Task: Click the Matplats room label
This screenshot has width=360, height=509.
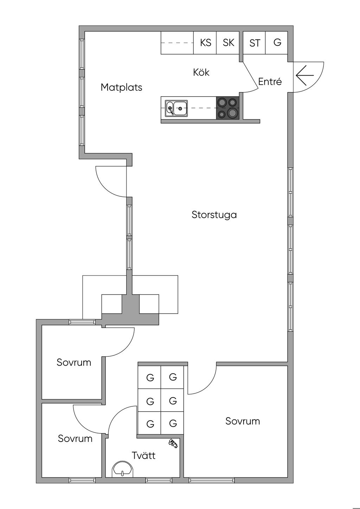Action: coord(121,87)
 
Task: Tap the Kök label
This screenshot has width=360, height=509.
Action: coord(201,72)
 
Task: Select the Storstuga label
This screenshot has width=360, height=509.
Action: coord(214,214)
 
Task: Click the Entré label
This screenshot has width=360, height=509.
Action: coord(270,82)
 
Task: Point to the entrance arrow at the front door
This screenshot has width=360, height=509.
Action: coord(304,75)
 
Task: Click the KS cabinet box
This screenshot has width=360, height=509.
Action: coord(205,43)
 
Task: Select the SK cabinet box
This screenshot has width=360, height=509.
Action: coord(228,43)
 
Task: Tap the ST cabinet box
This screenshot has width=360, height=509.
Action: coord(255,43)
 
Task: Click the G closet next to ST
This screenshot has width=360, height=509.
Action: coord(277,43)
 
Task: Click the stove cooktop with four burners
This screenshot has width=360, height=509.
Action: coord(227,108)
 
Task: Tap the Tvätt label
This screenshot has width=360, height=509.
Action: coord(143,456)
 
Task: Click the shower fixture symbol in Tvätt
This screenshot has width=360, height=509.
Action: coord(173,443)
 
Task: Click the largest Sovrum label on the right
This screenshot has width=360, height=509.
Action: coord(243,421)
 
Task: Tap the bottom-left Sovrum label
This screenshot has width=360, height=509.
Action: coord(75,438)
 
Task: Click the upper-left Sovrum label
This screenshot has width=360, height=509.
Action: coord(74,362)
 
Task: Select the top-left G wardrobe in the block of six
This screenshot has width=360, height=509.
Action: coord(150,378)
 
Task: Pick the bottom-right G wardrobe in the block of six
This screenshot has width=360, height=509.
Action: coord(173,423)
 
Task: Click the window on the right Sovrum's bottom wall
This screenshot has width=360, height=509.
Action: coord(212,480)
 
